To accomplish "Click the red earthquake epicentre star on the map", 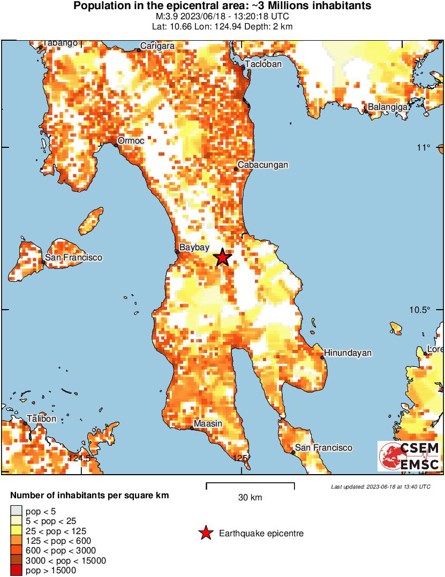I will (223, 258).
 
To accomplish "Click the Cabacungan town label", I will (263, 165).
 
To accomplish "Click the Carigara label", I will (157, 46).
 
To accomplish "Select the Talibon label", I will (41, 418).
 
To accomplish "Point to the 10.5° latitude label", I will (421, 310).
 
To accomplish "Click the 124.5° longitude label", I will (80, 458).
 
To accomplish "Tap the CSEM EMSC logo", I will (410, 456).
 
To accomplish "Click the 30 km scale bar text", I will (250, 498).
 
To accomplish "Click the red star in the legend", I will (205, 533).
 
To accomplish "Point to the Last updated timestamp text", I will (380, 486).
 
